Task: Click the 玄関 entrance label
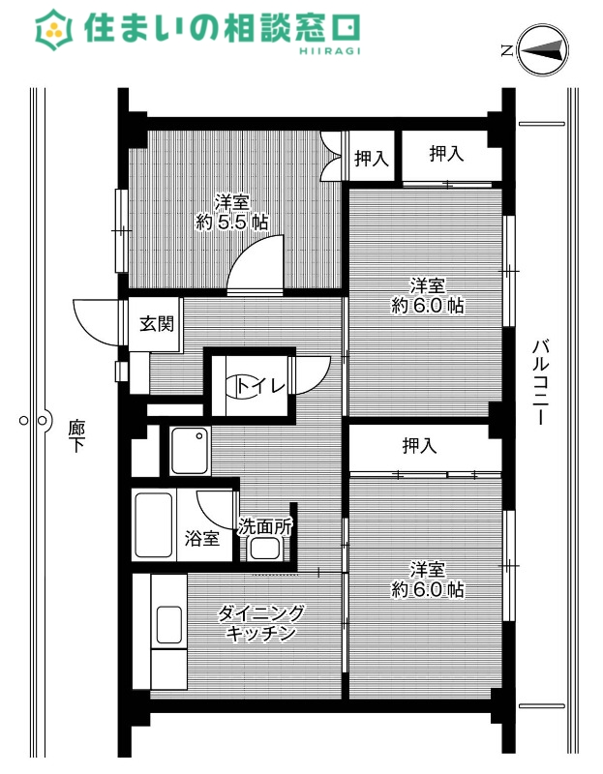(156, 324)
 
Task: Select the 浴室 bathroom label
(202, 539)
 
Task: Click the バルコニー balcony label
(541, 383)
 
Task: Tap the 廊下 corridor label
(76, 436)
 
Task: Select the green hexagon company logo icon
(55, 31)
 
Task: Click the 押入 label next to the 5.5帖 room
(372, 159)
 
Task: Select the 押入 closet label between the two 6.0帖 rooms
(420, 446)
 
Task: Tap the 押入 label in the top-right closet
(446, 153)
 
